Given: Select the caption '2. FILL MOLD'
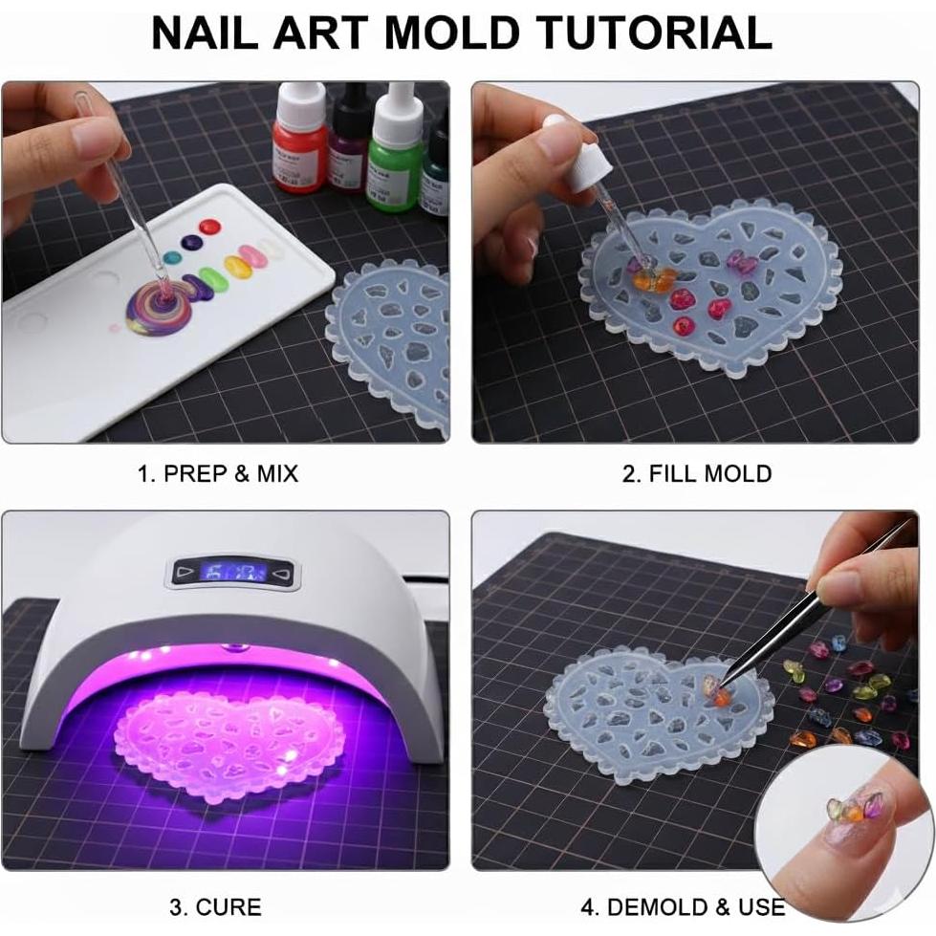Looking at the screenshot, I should click(x=697, y=473).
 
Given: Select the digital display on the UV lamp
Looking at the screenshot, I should click(x=235, y=574).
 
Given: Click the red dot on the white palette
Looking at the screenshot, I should click(x=210, y=228).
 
